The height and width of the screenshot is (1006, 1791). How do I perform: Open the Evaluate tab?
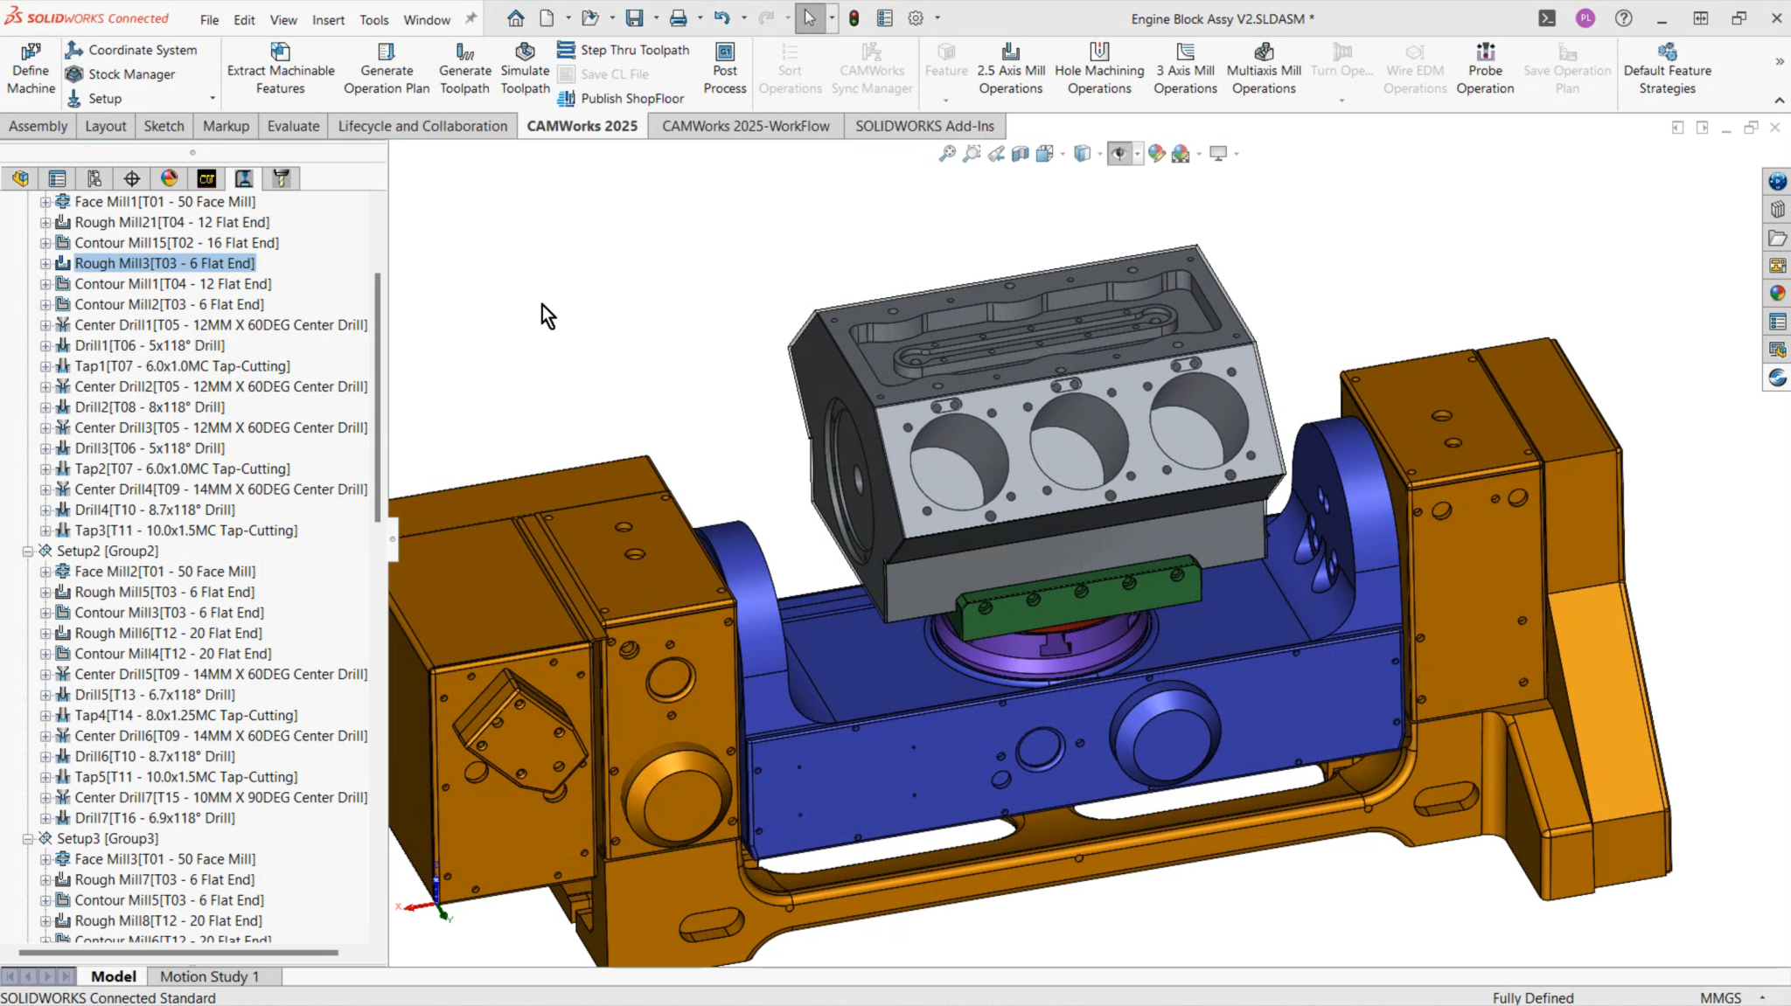293,126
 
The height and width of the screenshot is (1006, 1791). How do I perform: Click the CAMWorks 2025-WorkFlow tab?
745,126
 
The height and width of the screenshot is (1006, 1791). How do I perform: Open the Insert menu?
328,19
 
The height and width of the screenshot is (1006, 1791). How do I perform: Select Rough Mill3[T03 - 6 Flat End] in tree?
164,263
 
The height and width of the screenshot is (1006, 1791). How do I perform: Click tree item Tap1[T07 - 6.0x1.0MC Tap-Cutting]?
182,366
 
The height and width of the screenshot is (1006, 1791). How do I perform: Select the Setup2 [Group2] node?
108,551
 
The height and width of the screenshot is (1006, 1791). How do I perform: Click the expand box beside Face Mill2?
45,572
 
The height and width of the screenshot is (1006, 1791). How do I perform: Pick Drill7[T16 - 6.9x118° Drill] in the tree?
155,818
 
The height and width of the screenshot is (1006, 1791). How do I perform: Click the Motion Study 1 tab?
210,976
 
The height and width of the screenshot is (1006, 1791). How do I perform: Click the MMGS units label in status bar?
1720,997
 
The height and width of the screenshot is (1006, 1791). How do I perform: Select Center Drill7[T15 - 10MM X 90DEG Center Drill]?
220,797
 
